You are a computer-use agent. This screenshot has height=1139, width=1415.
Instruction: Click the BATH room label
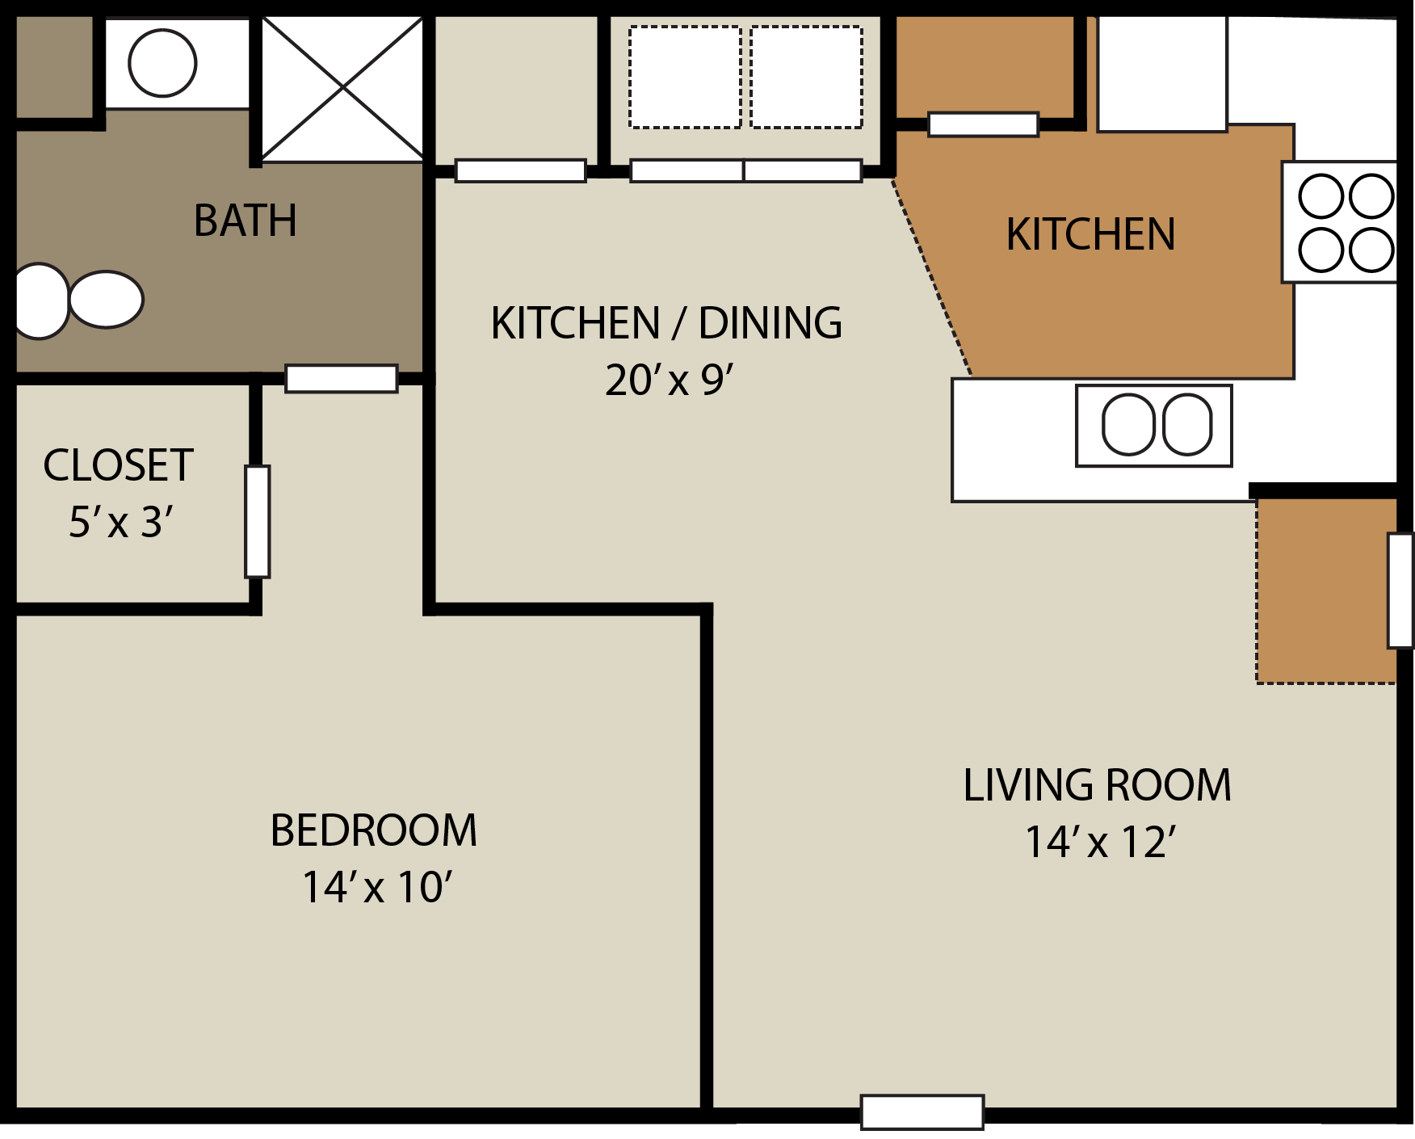[246, 221]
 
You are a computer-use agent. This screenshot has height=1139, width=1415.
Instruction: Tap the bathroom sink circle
[162, 63]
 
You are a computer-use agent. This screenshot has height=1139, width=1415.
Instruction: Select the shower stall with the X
[342, 87]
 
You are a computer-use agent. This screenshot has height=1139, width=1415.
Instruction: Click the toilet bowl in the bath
[106, 299]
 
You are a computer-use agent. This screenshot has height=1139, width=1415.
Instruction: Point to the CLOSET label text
[118, 465]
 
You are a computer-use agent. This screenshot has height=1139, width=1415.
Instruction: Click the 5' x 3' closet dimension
[120, 522]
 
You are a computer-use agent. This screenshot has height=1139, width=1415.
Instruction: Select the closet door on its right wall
[258, 522]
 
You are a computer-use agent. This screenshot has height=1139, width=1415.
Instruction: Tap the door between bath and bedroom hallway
[342, 378]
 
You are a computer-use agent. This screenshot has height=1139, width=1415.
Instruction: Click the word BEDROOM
[373, 830]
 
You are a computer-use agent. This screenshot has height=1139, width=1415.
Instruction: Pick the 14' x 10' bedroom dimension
[376, 887]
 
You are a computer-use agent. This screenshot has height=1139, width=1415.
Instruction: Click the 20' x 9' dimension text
[669, 380]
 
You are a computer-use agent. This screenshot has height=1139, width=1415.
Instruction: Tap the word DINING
[770, 323]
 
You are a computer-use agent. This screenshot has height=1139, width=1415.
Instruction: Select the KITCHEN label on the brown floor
[1090, 235]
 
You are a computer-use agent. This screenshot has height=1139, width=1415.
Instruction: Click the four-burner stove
[1345, 222]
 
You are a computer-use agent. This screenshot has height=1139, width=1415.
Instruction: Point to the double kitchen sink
[1154, 425]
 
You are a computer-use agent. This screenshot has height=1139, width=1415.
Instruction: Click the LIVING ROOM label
[1097, 785]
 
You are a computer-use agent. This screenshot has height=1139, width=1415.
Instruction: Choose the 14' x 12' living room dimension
[1099, 842]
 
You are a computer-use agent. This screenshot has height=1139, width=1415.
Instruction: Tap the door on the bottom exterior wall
[922, 1112]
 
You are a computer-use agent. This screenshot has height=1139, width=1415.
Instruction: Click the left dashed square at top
[685, 77]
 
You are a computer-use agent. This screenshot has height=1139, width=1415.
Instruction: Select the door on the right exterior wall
[1400, 590]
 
